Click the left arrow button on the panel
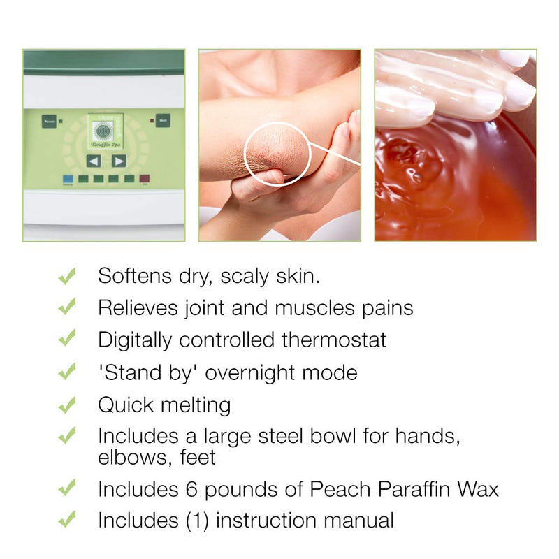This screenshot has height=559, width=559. [x=93, y=161]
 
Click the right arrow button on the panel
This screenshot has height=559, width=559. [x=119, y=161]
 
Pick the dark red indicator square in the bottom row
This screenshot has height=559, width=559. [x=145, y=179]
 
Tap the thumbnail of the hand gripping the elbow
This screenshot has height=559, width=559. [x=279, y=145]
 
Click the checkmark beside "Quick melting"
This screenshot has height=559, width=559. [x=67, y=405]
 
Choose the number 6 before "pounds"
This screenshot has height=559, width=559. [x=198, y=488]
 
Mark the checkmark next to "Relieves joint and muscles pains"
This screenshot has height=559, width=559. [x=67, y=307]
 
